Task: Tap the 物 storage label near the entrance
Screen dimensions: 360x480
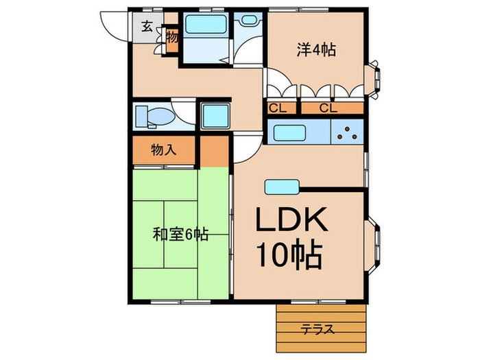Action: coord(171,37)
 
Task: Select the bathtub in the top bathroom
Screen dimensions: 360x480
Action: coord(206,25)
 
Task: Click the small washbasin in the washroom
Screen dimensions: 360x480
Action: coord(245,22)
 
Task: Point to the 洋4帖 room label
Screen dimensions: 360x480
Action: coord(315,49)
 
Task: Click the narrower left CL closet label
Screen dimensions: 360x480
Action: coord(278,108)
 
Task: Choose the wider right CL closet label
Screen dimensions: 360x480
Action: coord(328,108)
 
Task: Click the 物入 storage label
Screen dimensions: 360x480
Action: coord(164,150)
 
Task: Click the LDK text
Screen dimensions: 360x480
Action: coord(293,221)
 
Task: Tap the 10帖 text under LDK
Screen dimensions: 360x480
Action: coord(289,256)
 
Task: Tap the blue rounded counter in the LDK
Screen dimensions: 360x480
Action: coord(280,185)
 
